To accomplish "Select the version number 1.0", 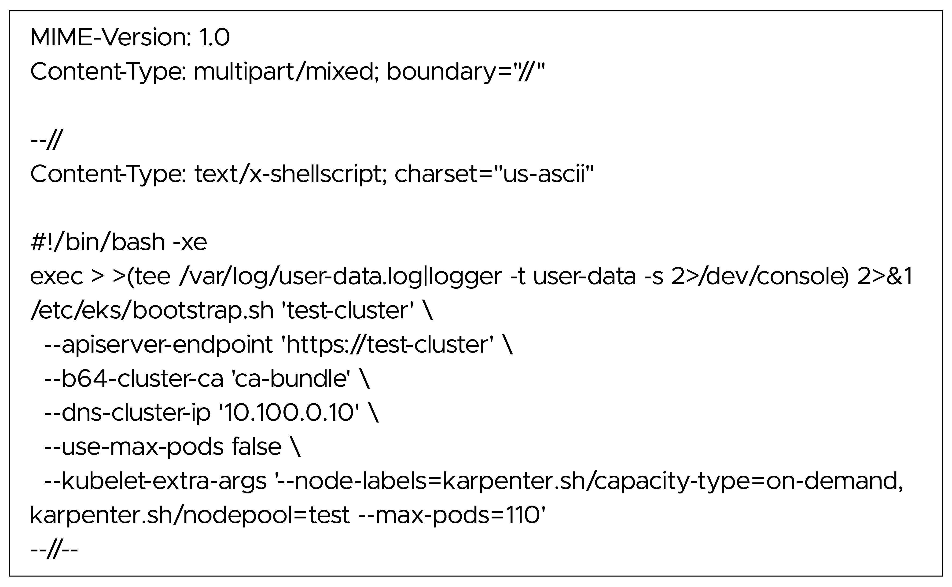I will [214, 38].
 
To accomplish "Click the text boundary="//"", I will [466, 72].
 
